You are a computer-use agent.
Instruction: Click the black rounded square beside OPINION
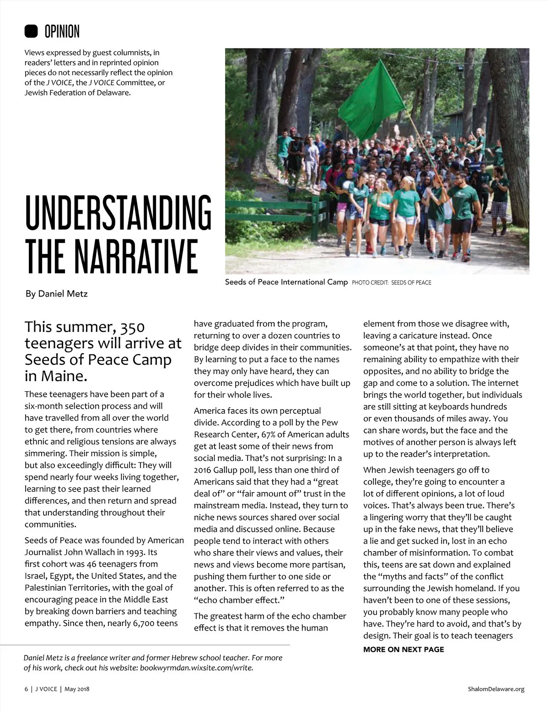31,31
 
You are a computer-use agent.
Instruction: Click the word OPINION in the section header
62,32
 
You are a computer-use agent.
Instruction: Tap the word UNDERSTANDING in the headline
118,213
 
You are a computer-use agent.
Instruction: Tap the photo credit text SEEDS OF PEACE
411,283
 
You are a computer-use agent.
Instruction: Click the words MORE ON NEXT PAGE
404,649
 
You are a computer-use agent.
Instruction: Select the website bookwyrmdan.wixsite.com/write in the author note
196,668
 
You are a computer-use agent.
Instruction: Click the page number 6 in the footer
26,689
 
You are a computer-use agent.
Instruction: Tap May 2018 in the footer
77,689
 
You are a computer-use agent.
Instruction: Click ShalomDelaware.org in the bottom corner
496,689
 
